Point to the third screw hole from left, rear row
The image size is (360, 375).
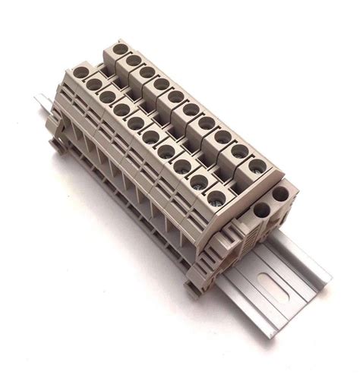click(144, 71)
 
